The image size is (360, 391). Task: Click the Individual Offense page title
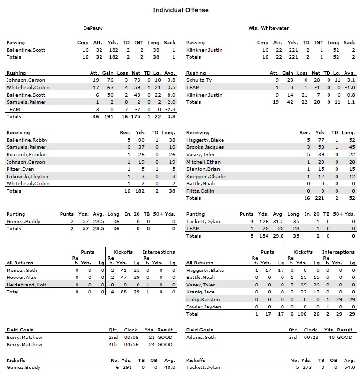click(181, 10)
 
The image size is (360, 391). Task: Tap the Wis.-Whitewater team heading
click(268, 28)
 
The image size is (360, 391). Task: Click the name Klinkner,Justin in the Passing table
click(204, 50)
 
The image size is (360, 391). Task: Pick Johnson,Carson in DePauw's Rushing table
click(26, 80)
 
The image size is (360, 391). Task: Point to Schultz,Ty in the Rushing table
click(199, 80)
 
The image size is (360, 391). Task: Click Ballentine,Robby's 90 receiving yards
click(140, 140)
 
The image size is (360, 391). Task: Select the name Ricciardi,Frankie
click(27, 155)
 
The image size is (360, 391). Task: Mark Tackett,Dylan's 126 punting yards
click(263, 222)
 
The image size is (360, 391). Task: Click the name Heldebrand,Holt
click(27, 285)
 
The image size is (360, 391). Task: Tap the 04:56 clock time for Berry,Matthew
click(130, 345)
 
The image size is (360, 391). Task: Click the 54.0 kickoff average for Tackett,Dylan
click(349, 368)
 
